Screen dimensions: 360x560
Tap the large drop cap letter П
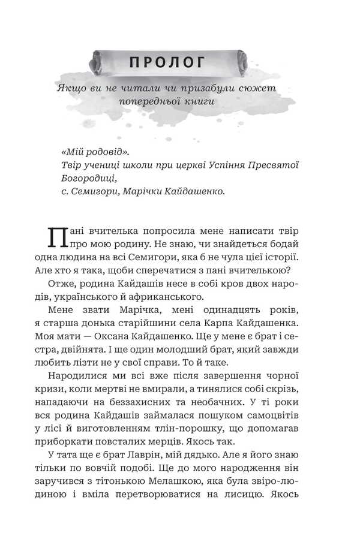(x=56, y=239)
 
